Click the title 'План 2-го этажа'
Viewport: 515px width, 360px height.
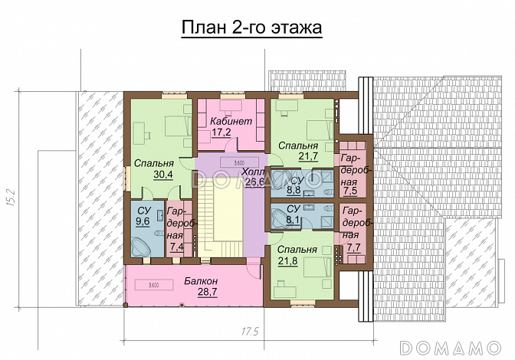coord(251,28)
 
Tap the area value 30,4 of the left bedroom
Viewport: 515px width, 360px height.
coord(163,175)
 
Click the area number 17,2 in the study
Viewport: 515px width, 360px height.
coord(221,133)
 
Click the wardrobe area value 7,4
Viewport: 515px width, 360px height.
coord(176,247)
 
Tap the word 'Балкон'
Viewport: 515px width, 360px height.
coord(200,281)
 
